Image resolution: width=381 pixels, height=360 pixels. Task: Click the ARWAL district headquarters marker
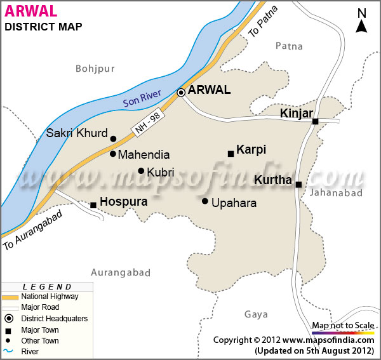[x=181, y=92]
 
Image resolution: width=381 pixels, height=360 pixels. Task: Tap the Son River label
[x=142, y=96]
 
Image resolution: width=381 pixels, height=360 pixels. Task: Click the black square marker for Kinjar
[x=315, y=121]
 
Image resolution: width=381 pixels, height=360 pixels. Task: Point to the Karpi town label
[x=251, y=150]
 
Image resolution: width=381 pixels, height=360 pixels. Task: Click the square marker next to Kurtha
[x=298, y=184]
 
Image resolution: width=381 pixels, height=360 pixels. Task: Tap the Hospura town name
[x=124, y=202]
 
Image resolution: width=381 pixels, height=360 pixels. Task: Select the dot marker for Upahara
[x=205, y=201]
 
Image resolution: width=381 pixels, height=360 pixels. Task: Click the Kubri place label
[x=160, y=171]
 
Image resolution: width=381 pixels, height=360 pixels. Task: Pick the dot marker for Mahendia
[x=113, y=154]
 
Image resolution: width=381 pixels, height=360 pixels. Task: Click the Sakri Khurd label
[x=76, y=134]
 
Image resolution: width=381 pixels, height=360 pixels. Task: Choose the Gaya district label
[x=256, y=314]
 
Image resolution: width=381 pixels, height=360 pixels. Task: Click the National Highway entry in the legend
[x=50, y=297]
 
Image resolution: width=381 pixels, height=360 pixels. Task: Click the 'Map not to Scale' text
[x=343, y=326]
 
